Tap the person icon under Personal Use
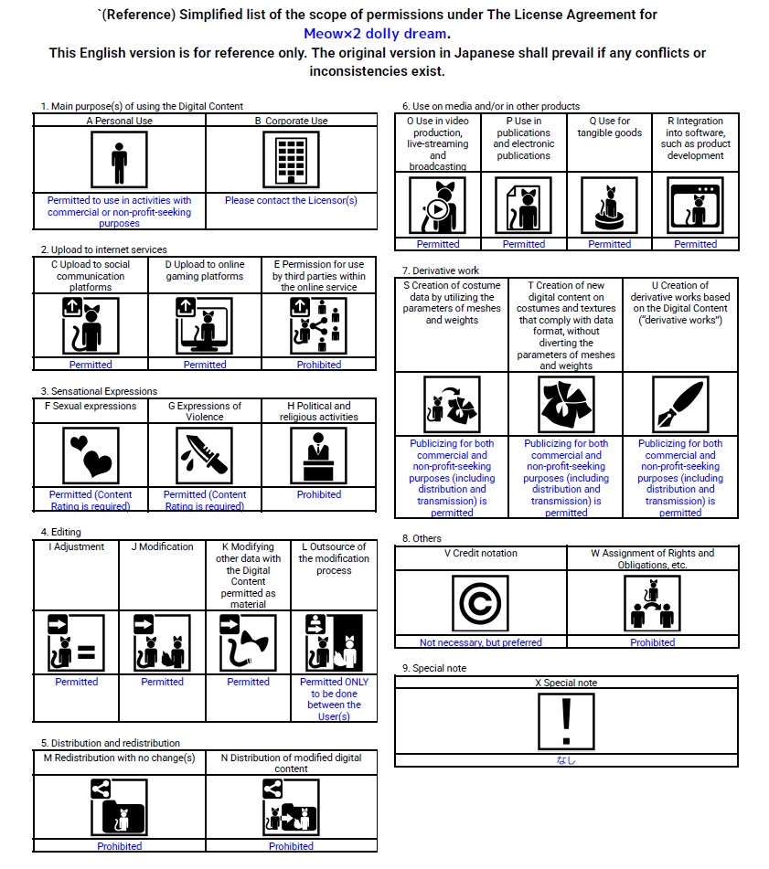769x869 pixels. pos(119,159)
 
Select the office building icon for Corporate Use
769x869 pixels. pos(291,159)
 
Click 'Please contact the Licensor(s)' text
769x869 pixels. pos(291,200)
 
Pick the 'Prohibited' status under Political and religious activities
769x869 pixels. pos(319,494)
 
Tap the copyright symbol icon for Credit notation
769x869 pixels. pos(481,604)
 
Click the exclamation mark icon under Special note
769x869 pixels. pos(566,720)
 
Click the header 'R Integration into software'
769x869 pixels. pos(695,138)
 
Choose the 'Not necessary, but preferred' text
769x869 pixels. pos(481,642)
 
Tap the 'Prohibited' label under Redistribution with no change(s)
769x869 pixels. pos(120,846)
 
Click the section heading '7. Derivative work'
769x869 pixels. pos(441,270)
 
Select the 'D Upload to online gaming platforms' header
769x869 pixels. pos(205,270)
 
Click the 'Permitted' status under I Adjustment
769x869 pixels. pos(77,682)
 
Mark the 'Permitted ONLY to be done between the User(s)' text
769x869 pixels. pos(334,699)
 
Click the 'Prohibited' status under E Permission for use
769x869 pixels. pos(319,365)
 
